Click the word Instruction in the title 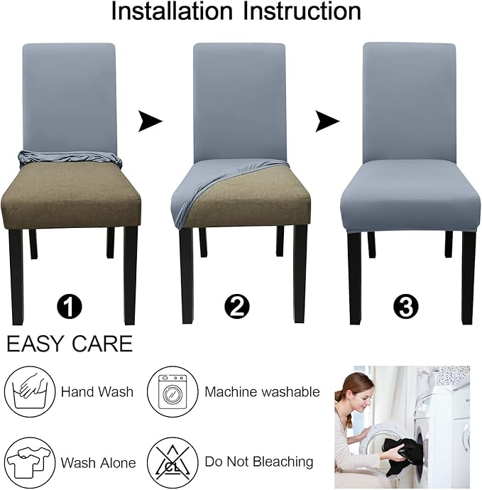(302, 13)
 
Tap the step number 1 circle (70, 307)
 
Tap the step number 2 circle (237, 307)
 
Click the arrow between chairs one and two (149, 121)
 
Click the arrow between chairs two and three (327, 121)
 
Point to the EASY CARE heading (70, 344)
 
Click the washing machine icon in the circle (172, 391)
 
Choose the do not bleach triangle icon (172, 462)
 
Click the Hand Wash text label (97, 392)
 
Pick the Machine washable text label (262, 392)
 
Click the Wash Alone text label (98, 463)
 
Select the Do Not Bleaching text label (259, 462)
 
